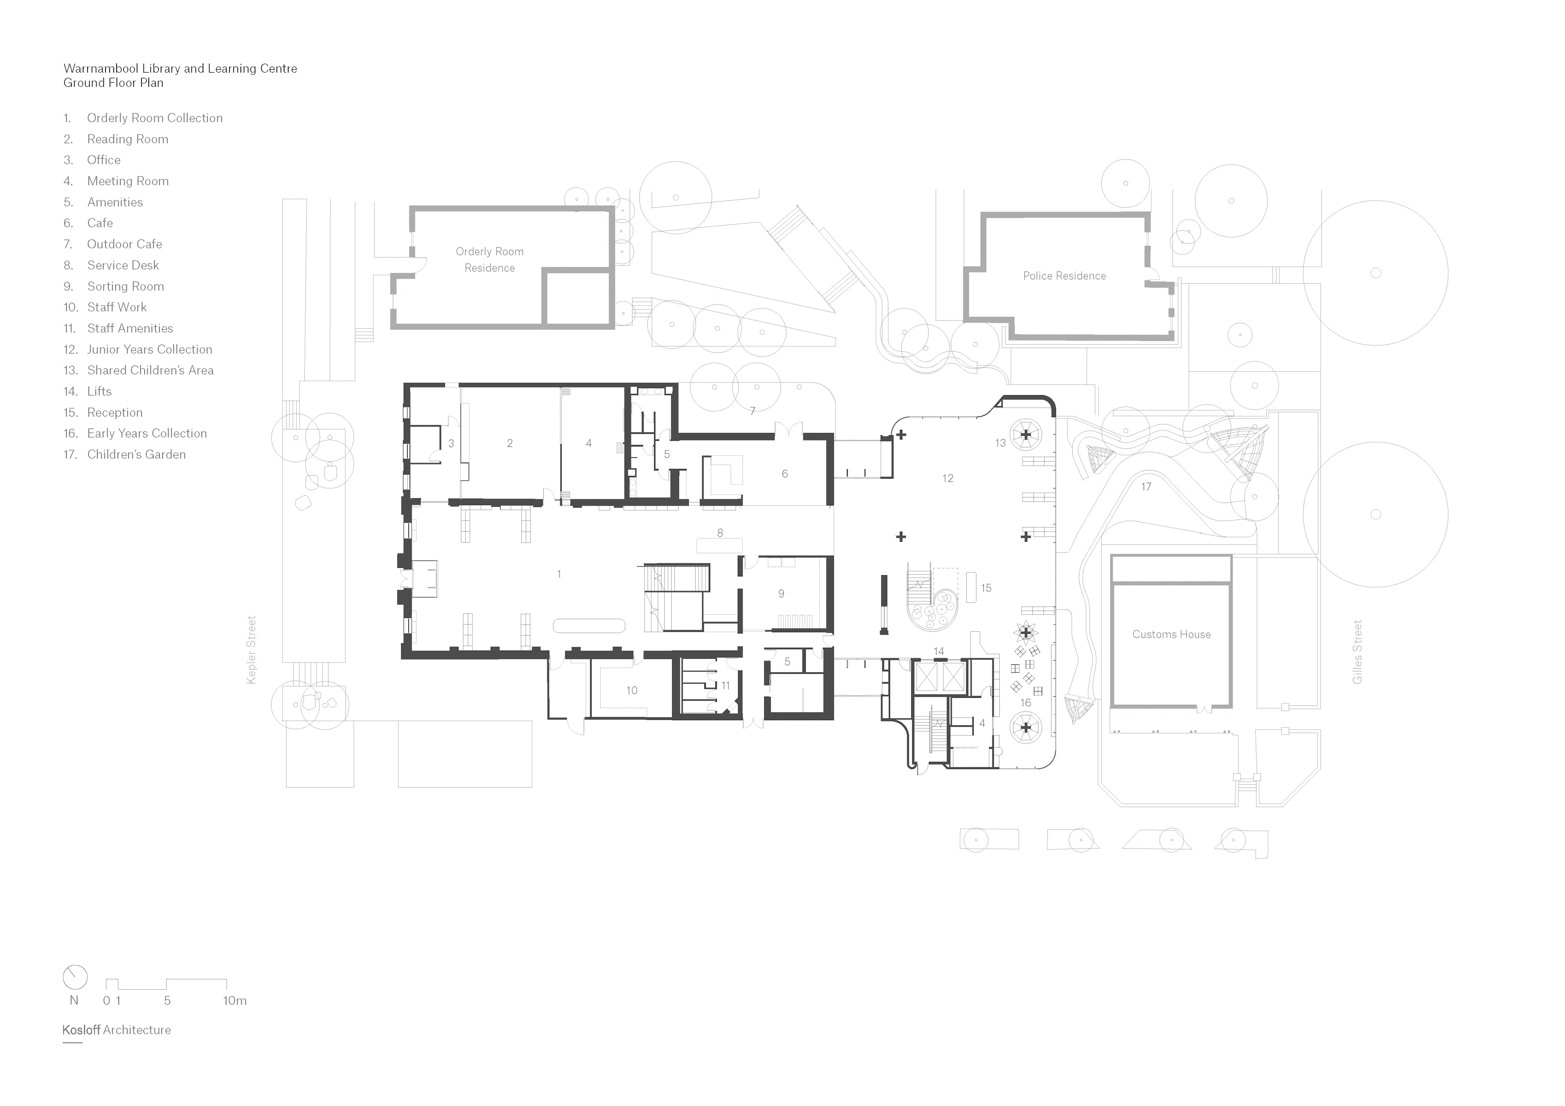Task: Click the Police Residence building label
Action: [x=1064, y=276]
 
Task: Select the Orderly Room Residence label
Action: [x=489, y=259]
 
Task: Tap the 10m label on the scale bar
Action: [x=234, y=1000]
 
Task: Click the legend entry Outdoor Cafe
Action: [x=124, y=244]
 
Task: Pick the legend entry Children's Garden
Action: [x=136, y=455]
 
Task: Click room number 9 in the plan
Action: [x=781, y=594]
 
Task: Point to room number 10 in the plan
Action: [x=632, y=690]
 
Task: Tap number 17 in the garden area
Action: [x=1146, y=486]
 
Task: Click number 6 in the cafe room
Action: [x=785, y=474]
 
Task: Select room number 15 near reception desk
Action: [x=985, y=587]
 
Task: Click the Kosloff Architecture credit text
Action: [x=117, y=1030]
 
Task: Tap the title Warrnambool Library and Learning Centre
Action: [x=180, y=68]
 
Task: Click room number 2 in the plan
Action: [x=509, y=443]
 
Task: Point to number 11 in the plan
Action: [x=725, y=686]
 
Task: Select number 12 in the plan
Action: [x=948, y=478]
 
